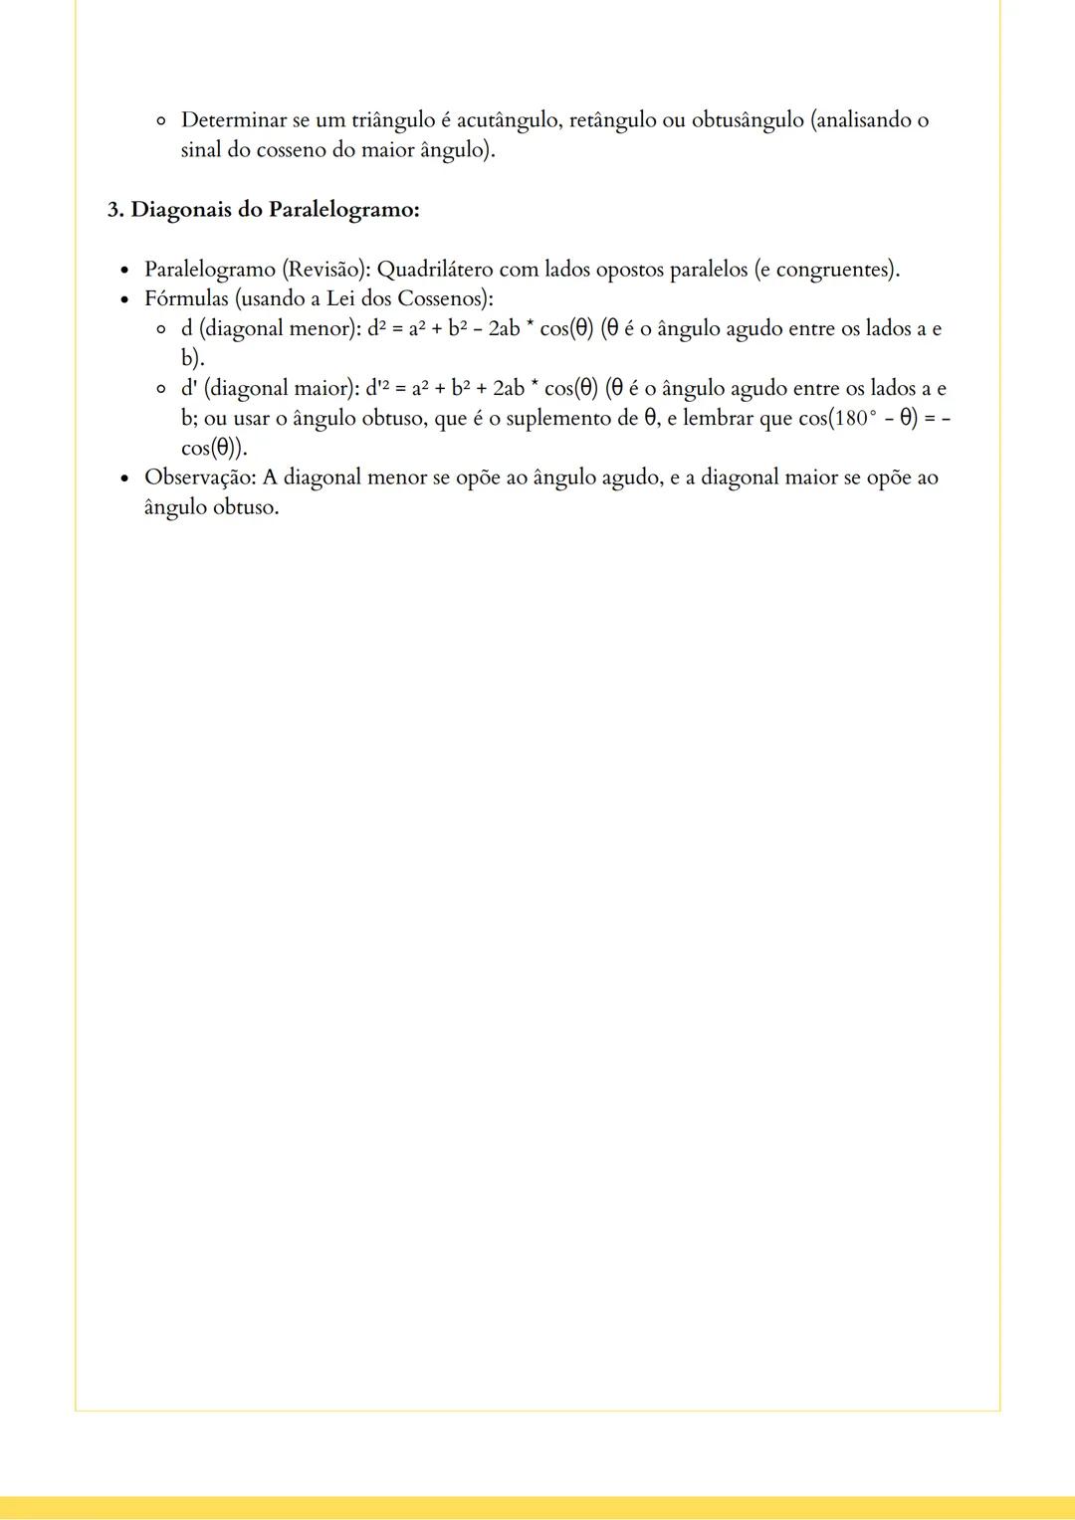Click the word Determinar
point(233,120)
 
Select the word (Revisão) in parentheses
point(322,270)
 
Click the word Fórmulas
point(186,298)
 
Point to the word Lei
point(342,298)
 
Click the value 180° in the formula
point(853,419)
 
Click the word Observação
point(200,477)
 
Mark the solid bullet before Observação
point(124,478)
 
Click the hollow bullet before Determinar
point(160,121)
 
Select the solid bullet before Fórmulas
point(124,299)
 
